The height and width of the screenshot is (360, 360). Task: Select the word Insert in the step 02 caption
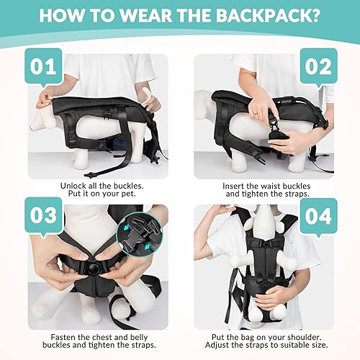click(x=235, y=184)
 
